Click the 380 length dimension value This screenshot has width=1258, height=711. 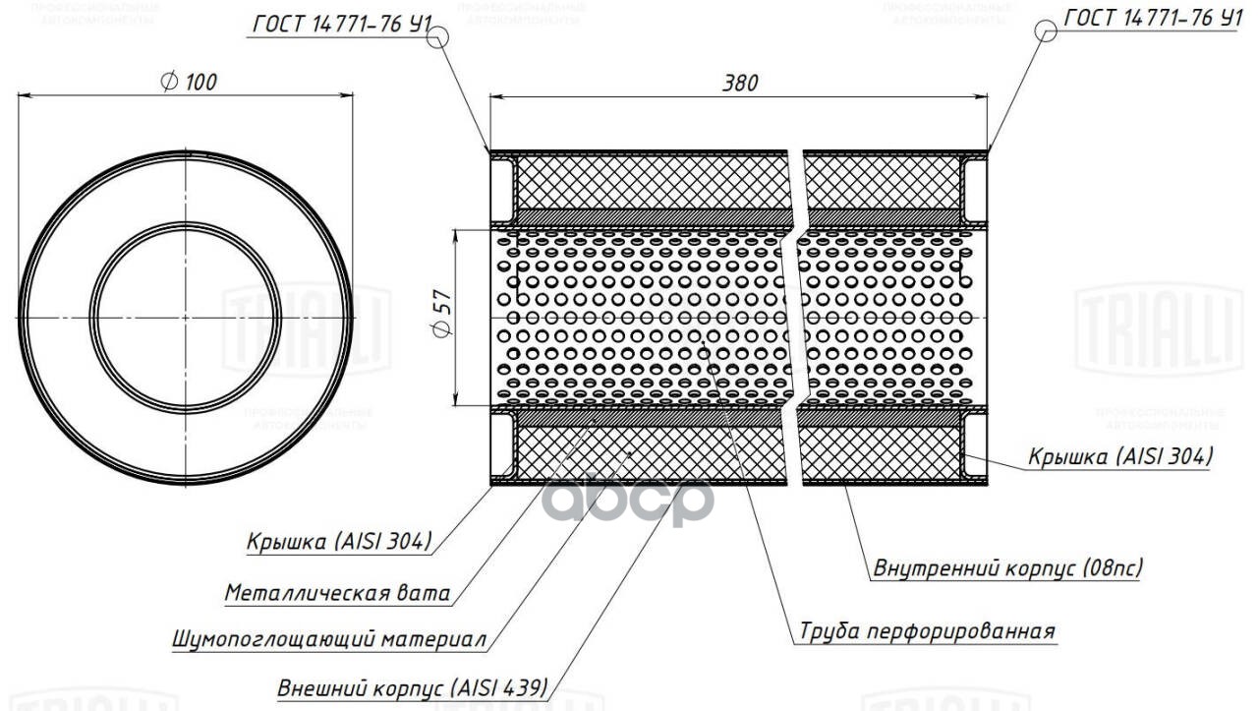coord(740,84)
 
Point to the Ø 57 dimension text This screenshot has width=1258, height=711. coord(441,317)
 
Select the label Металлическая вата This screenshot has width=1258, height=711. coord(337,593)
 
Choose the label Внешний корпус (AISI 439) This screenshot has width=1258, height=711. coord(412,686)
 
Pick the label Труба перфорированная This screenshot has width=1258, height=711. coord(927,630)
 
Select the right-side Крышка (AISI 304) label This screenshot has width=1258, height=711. coord(1120,456)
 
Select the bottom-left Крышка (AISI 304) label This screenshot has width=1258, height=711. coord(339,541)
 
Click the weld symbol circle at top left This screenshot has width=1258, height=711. coord(438,36)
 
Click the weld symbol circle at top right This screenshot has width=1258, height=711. coord(1048,30)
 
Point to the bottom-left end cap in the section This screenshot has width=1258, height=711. coord(502,448)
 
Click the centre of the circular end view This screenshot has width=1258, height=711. coord(187,318)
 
